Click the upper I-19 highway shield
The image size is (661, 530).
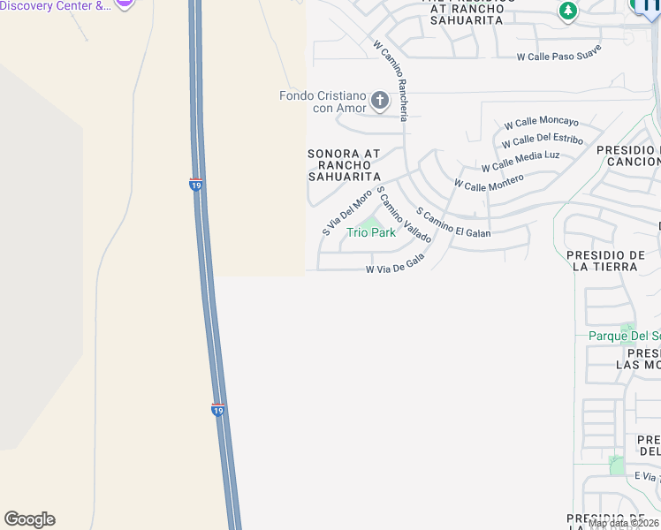pos(196,185)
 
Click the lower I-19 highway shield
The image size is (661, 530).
pos(218,410)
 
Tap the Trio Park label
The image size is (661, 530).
pos(371,232)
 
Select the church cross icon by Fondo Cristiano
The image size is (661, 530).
pos(380,100)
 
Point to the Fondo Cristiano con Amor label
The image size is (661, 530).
pos(322,102)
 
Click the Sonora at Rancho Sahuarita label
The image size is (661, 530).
pos(344,165)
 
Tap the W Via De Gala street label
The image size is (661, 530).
pos(395,263)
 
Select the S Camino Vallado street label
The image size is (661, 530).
pos(403,215)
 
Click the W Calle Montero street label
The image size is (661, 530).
pos(489,180)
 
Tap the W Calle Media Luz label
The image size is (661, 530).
pos(520,161)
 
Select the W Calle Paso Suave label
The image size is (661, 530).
pos(558,53)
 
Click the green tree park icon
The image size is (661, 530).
pos(567,11)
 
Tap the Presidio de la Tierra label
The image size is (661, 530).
pos(604,261)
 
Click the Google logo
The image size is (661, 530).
pos(29,519)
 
